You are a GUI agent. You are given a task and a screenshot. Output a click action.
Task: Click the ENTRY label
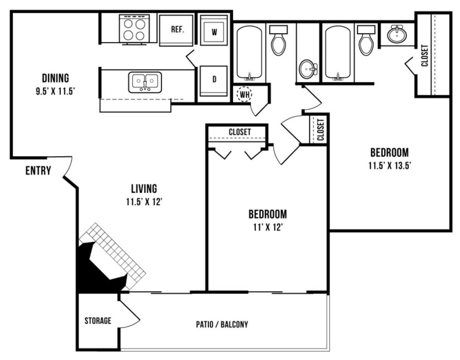pos(38,170)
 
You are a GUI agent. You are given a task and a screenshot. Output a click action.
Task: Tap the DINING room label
pos(56,78)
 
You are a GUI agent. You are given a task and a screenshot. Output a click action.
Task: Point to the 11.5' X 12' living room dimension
pos(144,202)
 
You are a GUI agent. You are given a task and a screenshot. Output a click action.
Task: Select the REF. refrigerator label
pos(177,29)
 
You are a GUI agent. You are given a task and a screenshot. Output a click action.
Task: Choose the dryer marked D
pos(214,81)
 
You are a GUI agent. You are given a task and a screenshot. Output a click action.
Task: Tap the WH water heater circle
pos(245,94)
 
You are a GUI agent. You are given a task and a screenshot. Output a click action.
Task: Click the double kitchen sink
pos(145,82)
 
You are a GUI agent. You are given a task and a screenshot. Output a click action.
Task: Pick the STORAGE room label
pos(98,321)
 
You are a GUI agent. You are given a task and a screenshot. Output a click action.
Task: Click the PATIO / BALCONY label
pos(222,324)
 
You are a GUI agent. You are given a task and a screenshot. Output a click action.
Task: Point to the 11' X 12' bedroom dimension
pos(268,228)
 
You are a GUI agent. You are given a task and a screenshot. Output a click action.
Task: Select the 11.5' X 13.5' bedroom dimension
pos(390,166)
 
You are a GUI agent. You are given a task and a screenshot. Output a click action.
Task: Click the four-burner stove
pos(134,30)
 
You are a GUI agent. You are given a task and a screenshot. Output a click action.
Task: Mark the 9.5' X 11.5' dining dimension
pos(56,91)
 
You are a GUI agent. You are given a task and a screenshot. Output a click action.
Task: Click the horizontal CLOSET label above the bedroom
pos(240,132)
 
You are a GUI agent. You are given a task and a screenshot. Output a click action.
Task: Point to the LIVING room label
pos(144,189)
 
